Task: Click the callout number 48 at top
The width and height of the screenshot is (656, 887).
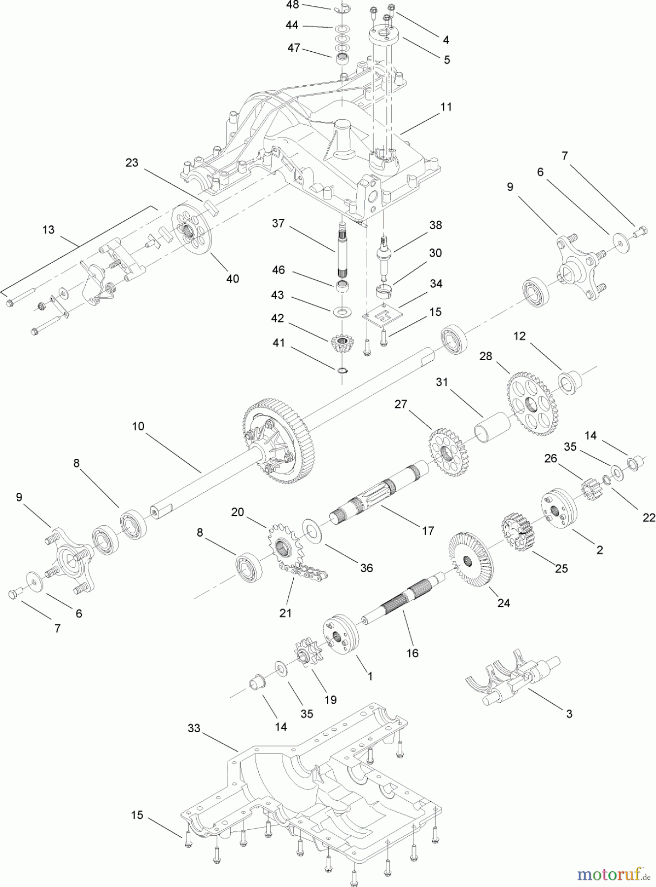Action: pyautogui.click(x=292, y=5)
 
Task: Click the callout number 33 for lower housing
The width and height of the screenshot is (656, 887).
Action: pyautogui.click(x=194, y=728)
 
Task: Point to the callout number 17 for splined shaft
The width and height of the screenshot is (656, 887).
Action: pyautogui.click(x=428, y=530)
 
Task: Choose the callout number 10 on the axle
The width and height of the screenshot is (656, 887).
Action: pyautogui.click(x=138, y=426)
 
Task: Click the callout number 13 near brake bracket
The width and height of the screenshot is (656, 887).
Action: pyautogui.click(x=48, y=230)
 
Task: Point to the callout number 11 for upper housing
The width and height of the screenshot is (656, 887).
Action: pyautogui.click(x=446, y=106)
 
